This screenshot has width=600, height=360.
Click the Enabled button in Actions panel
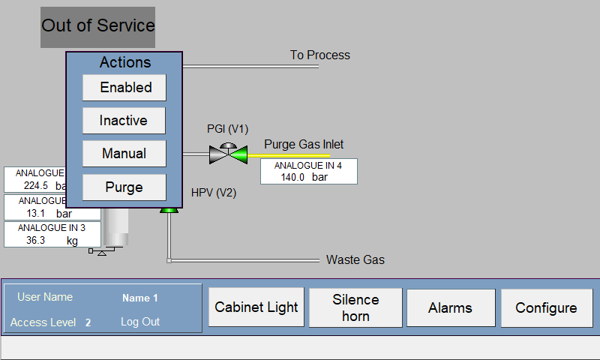(124, 88)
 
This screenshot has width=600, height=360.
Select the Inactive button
(124, 121)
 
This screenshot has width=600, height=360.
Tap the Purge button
(124, 187)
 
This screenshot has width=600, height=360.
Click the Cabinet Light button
(256, 307)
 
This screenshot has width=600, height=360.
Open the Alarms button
(451, 308)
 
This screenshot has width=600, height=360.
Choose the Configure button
(547, 308)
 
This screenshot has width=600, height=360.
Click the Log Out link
(140, 322)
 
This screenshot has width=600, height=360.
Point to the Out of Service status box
(98, 27)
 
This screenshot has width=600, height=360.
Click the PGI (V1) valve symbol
(228, 154)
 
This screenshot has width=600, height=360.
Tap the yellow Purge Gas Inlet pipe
(289, 156)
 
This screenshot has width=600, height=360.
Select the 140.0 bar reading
(304, 177)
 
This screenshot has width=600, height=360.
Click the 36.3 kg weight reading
(52, 240)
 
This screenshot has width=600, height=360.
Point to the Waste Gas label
(355, 259)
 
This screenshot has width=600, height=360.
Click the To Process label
(320, 55)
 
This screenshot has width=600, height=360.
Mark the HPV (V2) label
(214, 193)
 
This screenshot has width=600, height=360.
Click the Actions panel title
(125, 62)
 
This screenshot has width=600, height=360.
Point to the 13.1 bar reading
(49, 214)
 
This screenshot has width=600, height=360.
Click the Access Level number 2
(88, 322)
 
